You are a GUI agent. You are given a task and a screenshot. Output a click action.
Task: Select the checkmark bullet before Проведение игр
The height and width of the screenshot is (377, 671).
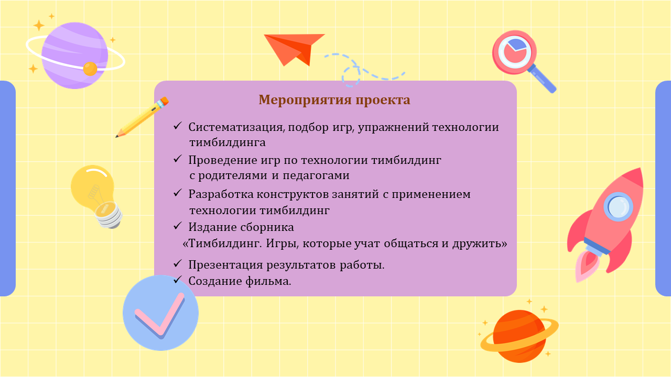(x=178, y=159)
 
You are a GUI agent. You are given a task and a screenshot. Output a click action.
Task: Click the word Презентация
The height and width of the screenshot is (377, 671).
(x=225, y=265)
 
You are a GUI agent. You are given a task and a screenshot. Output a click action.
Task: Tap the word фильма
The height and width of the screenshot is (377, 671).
(x=268, y=281)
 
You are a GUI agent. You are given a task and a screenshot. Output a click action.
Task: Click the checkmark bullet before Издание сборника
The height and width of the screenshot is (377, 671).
(x=178, y=226)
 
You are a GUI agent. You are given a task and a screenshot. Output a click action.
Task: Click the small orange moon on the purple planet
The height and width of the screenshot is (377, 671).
(x=90, y=69)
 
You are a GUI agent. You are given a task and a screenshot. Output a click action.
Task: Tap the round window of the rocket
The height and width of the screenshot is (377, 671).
(x=618, y=207)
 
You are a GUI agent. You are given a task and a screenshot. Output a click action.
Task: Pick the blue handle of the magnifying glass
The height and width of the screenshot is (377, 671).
(x=542, y=79)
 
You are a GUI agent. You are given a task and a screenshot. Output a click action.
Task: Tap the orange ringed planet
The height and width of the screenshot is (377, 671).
(x=520, y=336)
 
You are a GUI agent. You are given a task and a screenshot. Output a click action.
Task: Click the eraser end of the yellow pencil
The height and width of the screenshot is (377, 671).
(x=165, y=101)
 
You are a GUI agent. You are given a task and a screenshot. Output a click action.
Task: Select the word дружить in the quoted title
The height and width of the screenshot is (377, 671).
(x=479, y=244)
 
